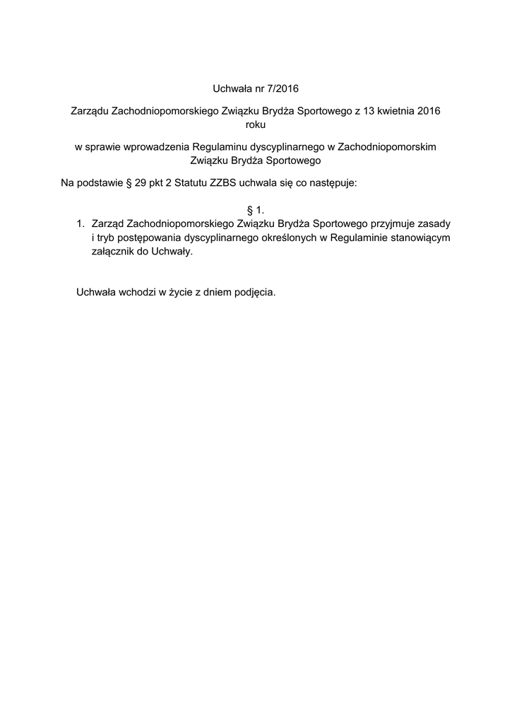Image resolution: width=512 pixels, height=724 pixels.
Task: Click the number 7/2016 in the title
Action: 280,89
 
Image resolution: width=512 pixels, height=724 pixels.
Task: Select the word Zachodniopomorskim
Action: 388,146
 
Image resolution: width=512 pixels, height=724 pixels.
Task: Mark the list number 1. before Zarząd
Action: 81,223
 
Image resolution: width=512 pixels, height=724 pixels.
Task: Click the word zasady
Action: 434,223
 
